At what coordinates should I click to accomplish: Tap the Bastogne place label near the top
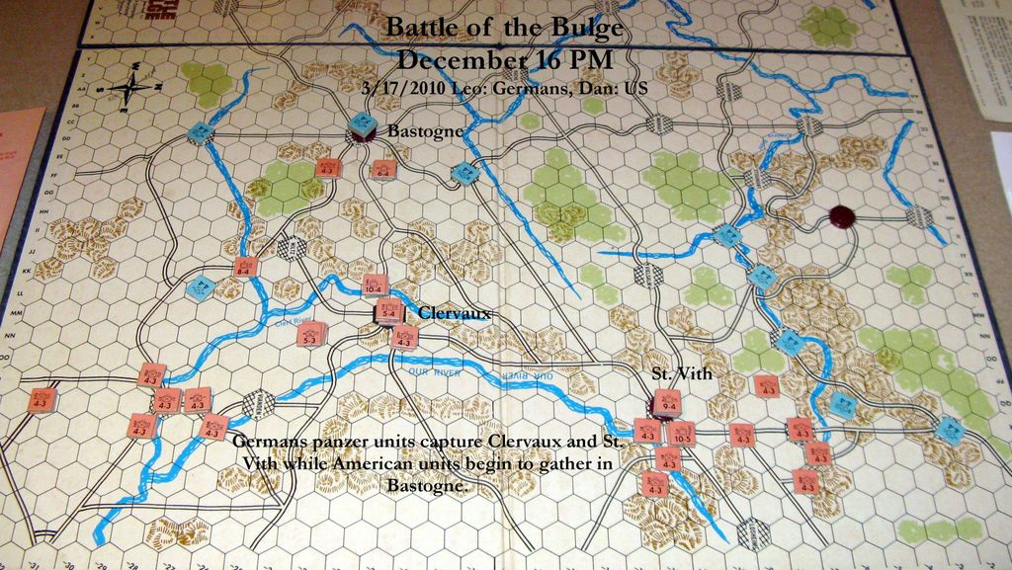click(424, 130)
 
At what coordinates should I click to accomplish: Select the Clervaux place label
click(454, 313)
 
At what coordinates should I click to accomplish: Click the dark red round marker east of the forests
click(842, 215)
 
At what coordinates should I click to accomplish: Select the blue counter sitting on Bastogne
click(363, 125)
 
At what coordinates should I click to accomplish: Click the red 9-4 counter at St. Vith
click(664, 403)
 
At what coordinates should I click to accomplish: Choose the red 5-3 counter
click(310, 335)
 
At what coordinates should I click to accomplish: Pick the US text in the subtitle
click(636, 87)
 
